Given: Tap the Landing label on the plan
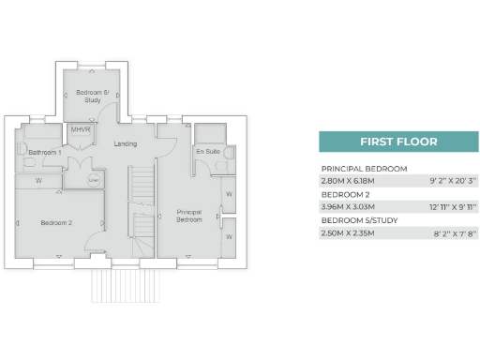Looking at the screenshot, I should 125,143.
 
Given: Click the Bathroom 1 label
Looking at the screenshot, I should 44,152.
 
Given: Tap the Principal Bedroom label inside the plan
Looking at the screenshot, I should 189,216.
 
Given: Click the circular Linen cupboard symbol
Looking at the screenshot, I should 93,181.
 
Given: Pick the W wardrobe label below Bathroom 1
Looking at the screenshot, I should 38,179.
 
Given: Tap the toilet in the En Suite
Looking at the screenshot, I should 223,162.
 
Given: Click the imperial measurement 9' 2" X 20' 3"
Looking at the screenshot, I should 453,180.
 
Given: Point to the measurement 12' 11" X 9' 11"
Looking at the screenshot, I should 451,205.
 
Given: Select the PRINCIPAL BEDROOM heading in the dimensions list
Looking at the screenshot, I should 364,168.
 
